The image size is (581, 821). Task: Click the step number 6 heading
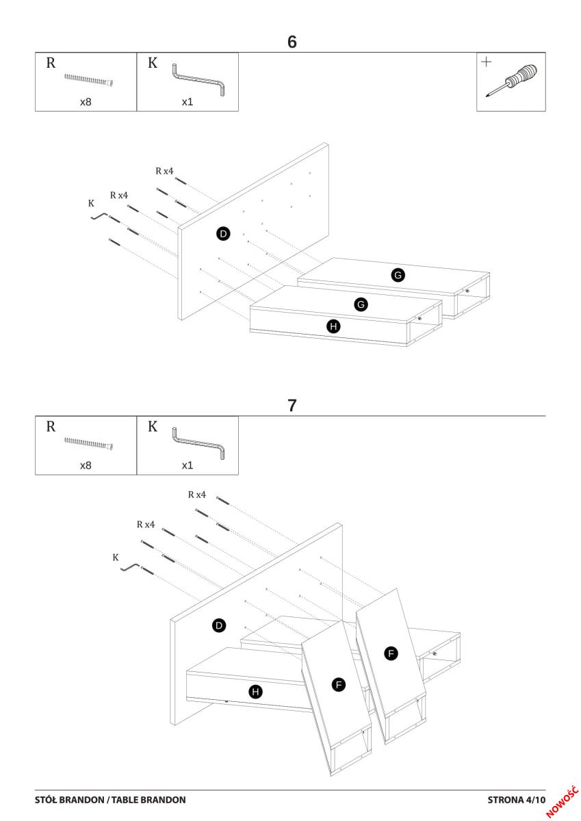(x=292, y=42)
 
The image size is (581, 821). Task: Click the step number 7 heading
(x=292, y=405)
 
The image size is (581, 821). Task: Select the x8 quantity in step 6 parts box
(x=86, y=102)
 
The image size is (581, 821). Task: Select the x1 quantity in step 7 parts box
(x=188, y=465)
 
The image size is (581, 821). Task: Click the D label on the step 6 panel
(x=223, y=234)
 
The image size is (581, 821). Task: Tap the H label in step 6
(x=334, y=326)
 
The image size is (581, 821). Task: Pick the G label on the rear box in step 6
(x=398, y=275)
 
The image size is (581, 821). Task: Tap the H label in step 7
(x=256, y=692)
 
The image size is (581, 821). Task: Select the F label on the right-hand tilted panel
(x=391, y=654)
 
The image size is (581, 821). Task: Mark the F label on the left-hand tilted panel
(x=338, y=683)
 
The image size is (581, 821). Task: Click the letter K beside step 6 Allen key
(x=91, y=203)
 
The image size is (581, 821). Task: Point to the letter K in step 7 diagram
(x=116, y=558)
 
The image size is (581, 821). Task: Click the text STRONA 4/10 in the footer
(x=517, y=799)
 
